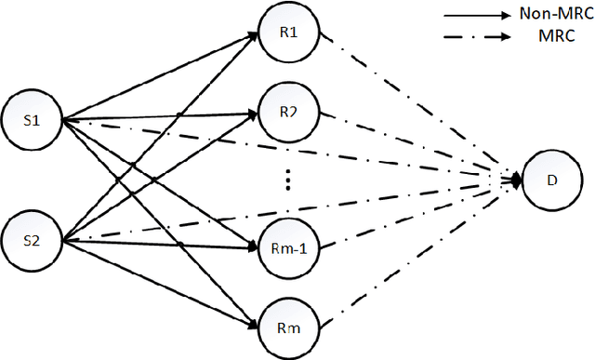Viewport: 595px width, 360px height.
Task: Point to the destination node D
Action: [553, 182]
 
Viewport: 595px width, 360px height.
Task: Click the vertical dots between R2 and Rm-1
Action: [289, 180]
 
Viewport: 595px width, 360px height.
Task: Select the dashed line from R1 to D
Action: [418, 108]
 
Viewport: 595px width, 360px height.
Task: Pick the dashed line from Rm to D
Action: [418, 254]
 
